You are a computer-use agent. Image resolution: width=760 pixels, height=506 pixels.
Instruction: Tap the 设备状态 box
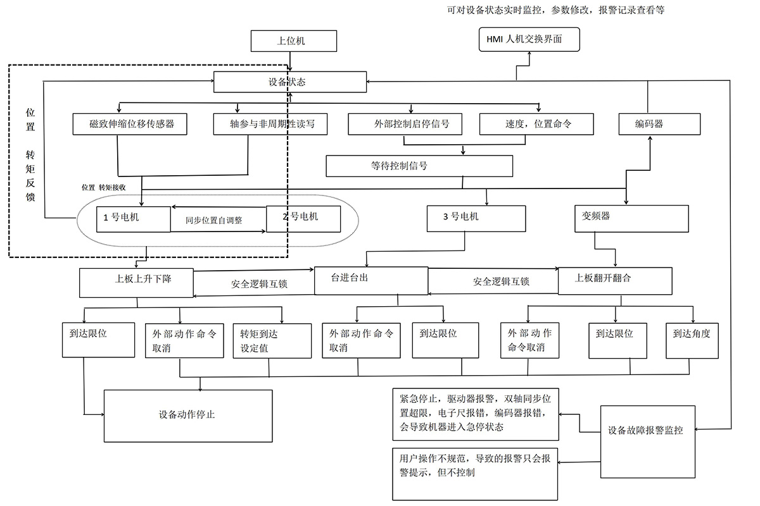pyautogui.click(x=290, y=82)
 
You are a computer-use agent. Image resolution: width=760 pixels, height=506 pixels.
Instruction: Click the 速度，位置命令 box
pyautogui.click(x=536, y=124)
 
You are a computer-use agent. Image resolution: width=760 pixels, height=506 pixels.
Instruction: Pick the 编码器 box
pyautogui.click(x=659, y=124)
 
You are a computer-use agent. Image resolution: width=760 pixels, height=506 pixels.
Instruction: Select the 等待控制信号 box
pyautogui.click(x=419, y=166)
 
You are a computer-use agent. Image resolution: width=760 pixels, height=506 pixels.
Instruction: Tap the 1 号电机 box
pyautogui.click(x=133, y=218)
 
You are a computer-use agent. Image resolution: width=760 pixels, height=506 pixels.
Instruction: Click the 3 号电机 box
pyautogui.click(x=476, y=218)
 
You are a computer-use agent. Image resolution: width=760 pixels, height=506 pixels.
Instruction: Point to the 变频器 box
pyautogui.click(x=631, y=218)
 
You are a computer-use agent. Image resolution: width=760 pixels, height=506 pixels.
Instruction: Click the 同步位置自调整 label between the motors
pyautogui.click(x=214, y=221)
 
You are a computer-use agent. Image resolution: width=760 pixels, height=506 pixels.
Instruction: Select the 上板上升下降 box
pyautogui.click(x=136, y=282)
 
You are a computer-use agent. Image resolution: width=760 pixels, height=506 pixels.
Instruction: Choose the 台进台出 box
pyautogui.click(x=371, y=281)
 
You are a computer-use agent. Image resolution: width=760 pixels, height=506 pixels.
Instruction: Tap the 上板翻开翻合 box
pyautogui.click(x=614, y=281)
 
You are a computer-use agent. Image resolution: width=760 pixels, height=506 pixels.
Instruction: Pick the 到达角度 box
pyautogui.click(x=692, y=340)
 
